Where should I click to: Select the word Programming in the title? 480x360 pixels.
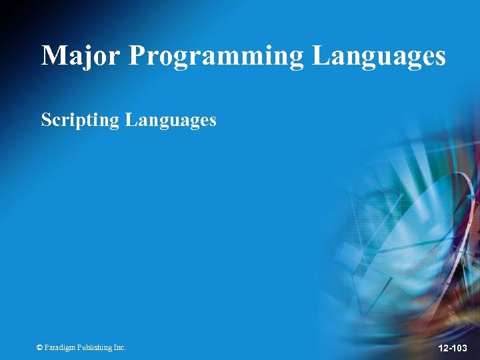(x=216, y=57)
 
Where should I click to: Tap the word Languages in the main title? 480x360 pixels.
(x=379, y=57)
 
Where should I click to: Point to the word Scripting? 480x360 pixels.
(x=80, y=121)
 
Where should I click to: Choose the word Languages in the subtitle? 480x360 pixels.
(x=171, y=121)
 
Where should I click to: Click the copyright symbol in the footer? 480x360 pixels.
(x=40, y=347)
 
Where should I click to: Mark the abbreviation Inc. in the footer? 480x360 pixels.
(x=119, y=347)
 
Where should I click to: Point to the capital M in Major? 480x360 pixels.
(x=54, y=55)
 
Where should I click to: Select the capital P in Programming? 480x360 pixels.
(x=136, y=55)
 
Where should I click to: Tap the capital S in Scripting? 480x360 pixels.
(x=45, y=120)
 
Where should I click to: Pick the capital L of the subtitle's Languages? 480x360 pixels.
(x=131, y=120)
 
